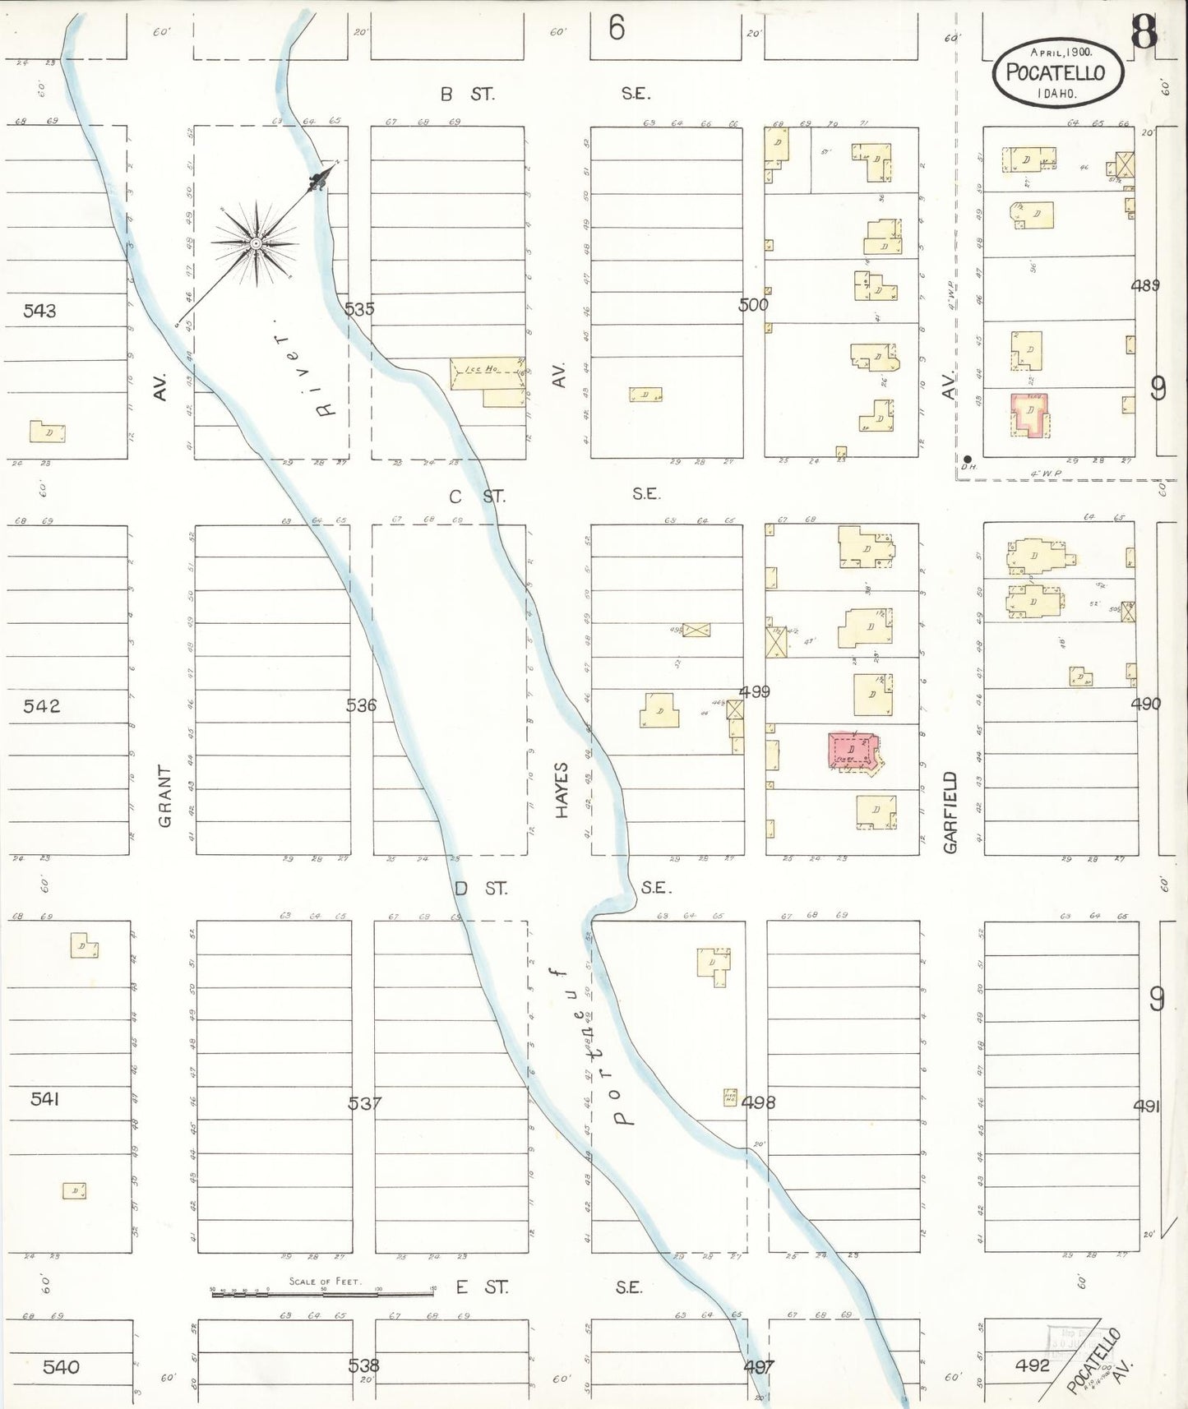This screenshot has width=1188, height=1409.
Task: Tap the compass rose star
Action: (x=256, y=243)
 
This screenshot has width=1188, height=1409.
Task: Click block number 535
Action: (x=359, y=309)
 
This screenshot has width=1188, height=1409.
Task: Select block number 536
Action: (x=361, y=705)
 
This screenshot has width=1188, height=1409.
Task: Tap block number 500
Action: (x=753, y=305)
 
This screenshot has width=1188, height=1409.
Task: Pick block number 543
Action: (x=39, y=311)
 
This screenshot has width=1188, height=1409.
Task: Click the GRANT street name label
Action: (x=165, y=796)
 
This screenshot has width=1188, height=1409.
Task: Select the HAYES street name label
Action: (x=562, y=790)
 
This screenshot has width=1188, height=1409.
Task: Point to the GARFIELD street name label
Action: (x=950, y=811)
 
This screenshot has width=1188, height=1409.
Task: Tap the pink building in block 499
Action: (x=852, y=751)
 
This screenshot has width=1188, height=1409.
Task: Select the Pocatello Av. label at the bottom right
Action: (x=1098, y=1360)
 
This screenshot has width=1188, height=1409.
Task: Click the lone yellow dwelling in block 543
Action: (x=48, y=432)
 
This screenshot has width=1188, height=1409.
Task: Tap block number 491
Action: (x=1146, y=1106)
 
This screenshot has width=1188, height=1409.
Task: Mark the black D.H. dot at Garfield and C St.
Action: (x=967, y=459)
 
